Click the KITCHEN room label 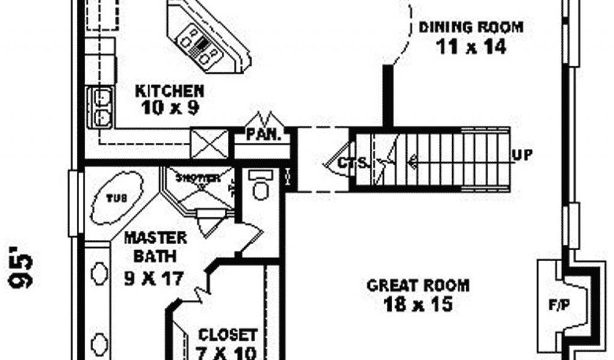pyautogui.click(x=170, y=91)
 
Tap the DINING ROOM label pyautogui.click(x=471, y=27)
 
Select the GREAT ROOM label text pyautogui.click(x=418, y=285)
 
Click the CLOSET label pyautogui.click(x=228, y=334)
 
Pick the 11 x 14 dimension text pyautogui.click(x=471, y=47)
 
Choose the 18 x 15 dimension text pyautogui.click(x=418, y=304)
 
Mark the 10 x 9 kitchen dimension pyautogui.click(x=170, y=108)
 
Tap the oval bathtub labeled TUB pyautogui.click(x=117, y=197)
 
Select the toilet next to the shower pyautogui.click(x=261, y=187)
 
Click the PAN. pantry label pyautogui.click(x=263, y=134)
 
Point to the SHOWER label pyautogui.click(x=197, y=178)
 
